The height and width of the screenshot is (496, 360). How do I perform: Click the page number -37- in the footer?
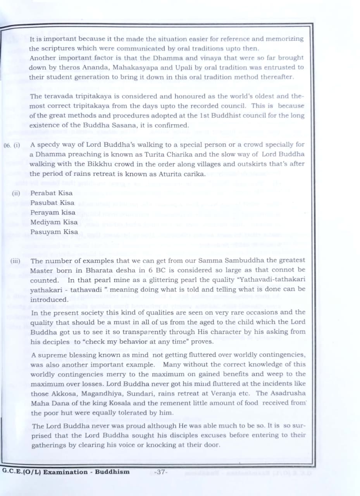(x=160, y=472)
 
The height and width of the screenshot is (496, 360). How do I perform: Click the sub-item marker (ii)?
(x=16, y=193)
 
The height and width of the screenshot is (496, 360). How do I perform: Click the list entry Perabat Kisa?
(x=52, y=193)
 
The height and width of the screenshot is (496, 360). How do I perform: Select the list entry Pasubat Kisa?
(x=52, y=202)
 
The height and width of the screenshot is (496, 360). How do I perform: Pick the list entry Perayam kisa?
(x=53, y=212)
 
